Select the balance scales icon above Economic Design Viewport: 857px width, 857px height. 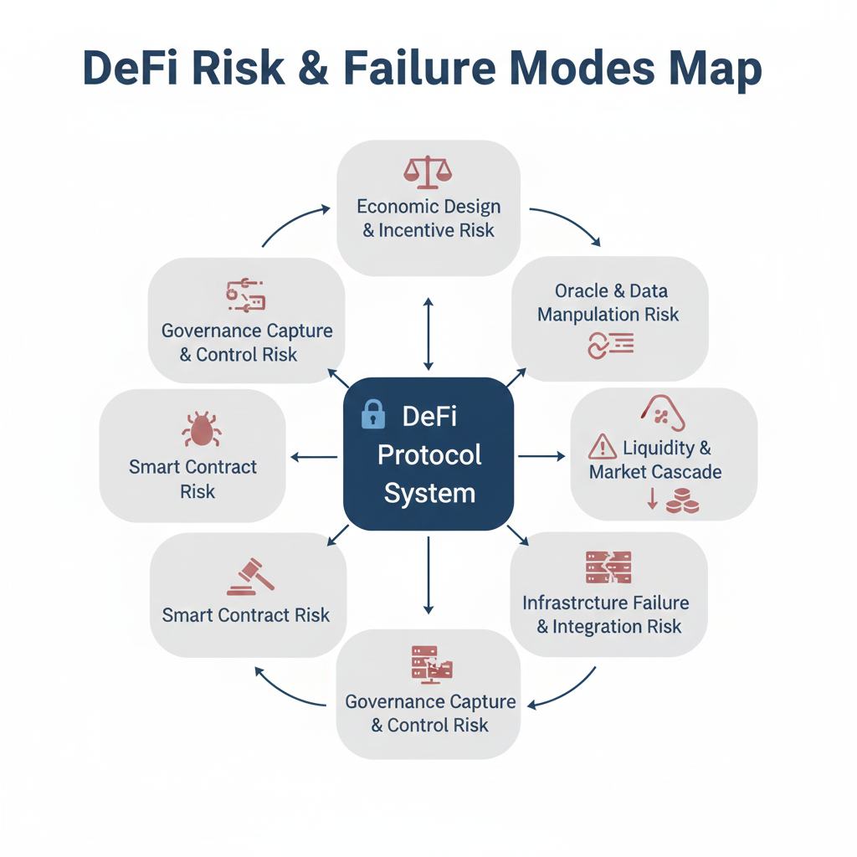point(428,170)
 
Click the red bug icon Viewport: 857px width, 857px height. point(201,429)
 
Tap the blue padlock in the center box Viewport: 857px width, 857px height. point(373,414)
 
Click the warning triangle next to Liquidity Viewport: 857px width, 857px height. point(603,448)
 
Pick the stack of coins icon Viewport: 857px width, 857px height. point(683,502)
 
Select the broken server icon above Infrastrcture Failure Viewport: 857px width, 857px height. point(608,567)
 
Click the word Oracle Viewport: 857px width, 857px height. point(580,291)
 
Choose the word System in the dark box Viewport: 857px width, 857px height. point(429,493)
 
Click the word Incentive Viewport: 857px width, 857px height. point(416,230)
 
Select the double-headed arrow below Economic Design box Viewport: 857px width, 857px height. point(428,333)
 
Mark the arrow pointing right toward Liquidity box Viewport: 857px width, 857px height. point(541,456)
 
